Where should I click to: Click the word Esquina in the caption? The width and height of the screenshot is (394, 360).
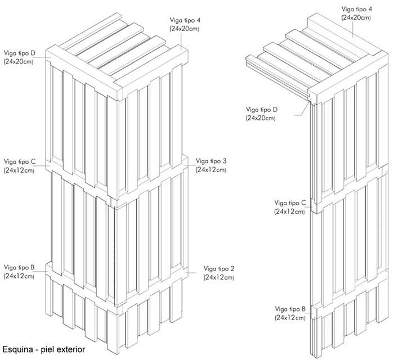(x=17, y=349)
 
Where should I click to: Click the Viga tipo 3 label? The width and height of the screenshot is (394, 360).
(x=211, y=161)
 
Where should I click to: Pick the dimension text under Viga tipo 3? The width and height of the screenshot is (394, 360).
(x=211, y=170)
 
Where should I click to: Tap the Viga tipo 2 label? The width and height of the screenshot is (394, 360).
(x=219, y=269)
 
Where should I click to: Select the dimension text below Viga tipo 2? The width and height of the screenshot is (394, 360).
(x=219, y=277)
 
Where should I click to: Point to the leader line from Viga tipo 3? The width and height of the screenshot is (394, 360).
(x=190, y=165)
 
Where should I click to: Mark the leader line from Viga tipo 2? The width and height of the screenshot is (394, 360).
(x=190, y=273)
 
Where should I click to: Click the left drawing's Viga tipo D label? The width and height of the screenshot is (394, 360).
(x=20, y=53)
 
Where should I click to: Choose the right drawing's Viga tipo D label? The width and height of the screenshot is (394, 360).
(x=262, y=110)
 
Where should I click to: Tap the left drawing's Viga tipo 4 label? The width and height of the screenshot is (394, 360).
(x=185, y=20)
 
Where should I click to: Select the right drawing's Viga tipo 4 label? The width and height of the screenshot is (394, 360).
(x=356, y=9)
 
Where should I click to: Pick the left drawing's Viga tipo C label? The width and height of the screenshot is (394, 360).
(x=20, y=161)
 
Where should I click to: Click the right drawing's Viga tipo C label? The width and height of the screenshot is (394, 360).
(x=290, y=202)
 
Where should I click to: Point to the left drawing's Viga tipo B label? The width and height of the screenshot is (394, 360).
(x=19, y=267)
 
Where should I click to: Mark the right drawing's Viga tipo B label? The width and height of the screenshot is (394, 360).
(x=290, y=309)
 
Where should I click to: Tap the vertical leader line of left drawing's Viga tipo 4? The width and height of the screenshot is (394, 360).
(x=181, y=40)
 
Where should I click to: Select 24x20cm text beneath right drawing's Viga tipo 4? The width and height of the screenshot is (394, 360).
(x=356, y=18)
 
